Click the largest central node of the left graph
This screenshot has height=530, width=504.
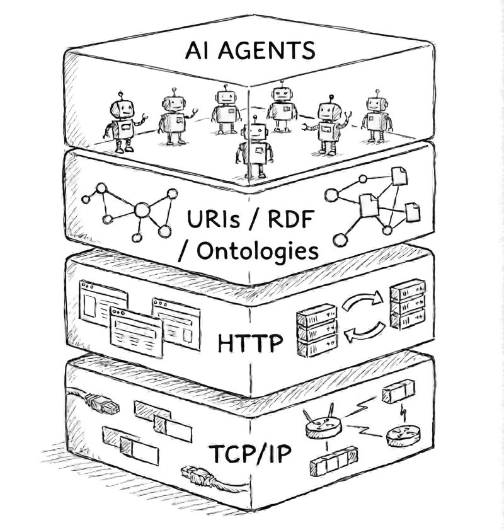point(142,209)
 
